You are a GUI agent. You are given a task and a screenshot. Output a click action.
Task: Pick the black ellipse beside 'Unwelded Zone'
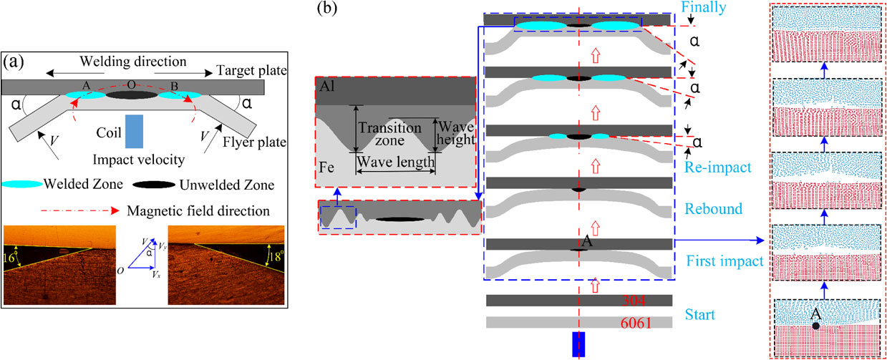point(155,185)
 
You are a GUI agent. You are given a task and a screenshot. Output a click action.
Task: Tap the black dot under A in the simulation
point(815,326)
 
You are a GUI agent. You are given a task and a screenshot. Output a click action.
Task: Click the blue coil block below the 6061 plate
point(578,344)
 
